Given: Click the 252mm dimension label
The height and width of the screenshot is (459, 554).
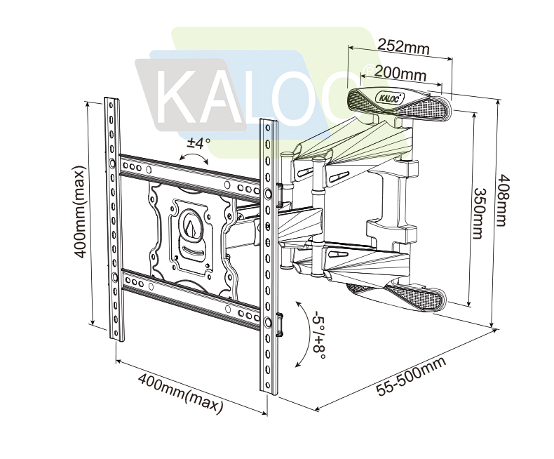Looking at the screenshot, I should point(403,47).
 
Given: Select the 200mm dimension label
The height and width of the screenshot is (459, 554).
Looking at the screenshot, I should point(400,72).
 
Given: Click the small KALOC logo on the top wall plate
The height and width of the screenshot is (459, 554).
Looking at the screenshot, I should point(390,98).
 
